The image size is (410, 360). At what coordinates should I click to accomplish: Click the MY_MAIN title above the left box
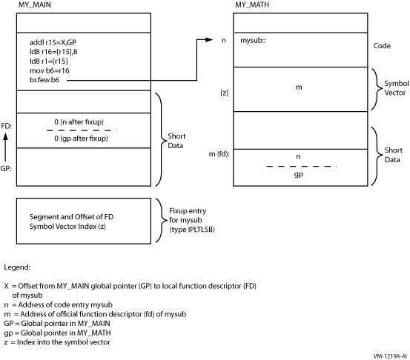coord(35,4)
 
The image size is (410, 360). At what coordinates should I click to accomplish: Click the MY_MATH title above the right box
coord(252,4)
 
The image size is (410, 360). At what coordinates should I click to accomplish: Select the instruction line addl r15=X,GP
coord(53,42)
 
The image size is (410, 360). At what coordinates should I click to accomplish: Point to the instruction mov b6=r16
coord(50,70)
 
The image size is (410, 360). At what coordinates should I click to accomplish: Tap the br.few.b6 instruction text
coord(44,80)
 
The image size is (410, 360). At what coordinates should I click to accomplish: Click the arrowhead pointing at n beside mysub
coord(209,40)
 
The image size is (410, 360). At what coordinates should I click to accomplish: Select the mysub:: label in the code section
coord(253,41)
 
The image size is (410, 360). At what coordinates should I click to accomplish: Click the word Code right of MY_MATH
coord(382,46)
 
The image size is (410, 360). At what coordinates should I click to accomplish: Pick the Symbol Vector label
coord(396,88)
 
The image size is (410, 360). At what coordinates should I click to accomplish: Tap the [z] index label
coord(225,93)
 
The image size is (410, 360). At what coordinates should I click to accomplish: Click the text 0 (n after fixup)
coord(79,122)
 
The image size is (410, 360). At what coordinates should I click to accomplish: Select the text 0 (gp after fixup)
coord(81,139)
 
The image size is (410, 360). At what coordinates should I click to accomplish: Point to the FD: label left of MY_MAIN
coord(6,126)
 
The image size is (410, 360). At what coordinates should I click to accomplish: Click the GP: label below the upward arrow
coord(6,169)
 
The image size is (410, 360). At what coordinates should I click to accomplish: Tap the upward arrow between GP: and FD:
coord(5,147)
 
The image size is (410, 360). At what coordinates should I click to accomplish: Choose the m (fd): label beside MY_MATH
coord(219,154)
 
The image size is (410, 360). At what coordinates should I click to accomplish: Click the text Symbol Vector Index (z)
coord(67,226)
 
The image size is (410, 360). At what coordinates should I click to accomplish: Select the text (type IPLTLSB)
coord(192,230)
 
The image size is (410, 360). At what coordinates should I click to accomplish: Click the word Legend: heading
coord(17,267)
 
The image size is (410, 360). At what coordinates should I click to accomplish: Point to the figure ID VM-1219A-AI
coord(390,356)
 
